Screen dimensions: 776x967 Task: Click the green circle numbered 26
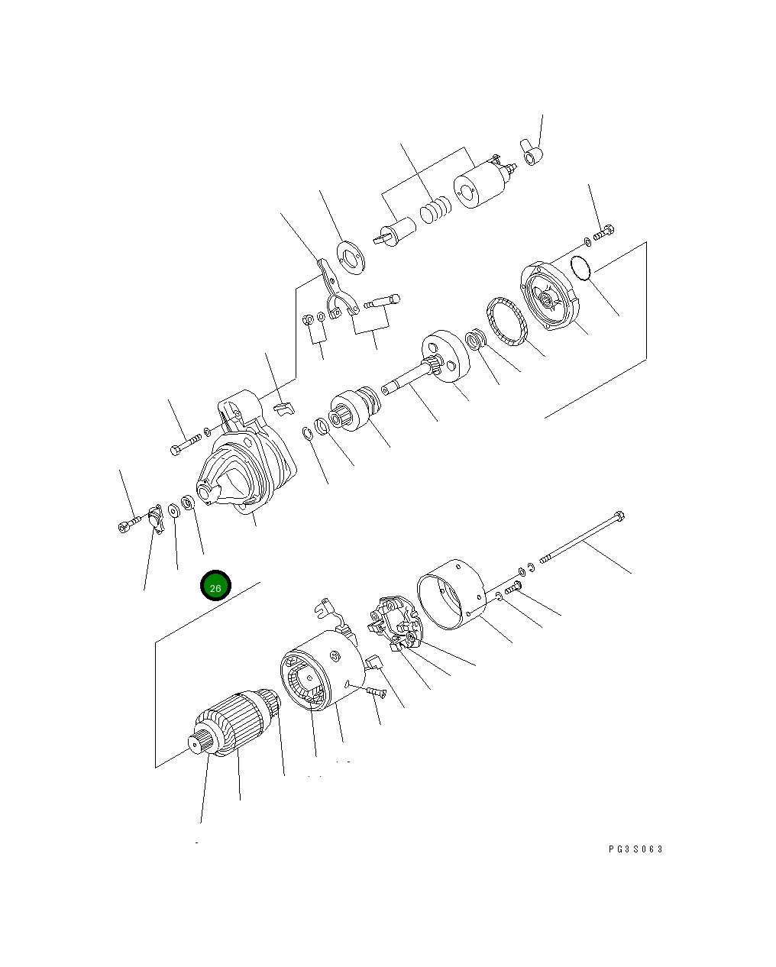point(215,585)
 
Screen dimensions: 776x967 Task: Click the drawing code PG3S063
point(635,849)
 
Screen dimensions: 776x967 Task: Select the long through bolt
point(582,537)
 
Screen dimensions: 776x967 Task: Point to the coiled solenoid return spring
point(435,210)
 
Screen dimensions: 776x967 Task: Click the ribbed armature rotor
point(236,723)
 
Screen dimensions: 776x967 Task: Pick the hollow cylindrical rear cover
point(451,594)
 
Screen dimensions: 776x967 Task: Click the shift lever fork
point(337,289)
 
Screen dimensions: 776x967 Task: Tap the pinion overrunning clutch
point(355,409)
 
